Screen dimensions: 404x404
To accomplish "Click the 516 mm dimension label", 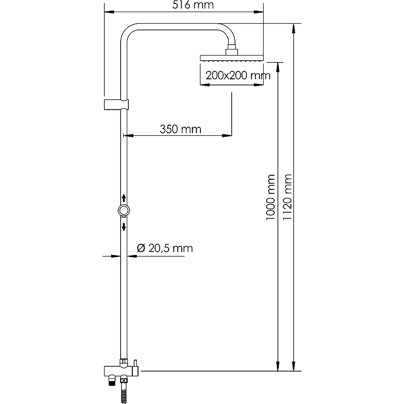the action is (193, 5).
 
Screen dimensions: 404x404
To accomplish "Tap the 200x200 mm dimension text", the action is (238, 75).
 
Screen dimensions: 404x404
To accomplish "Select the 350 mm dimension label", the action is (180, 129).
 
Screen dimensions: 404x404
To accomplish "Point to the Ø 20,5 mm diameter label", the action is (165, 248).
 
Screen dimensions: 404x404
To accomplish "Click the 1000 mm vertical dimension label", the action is (271, 197).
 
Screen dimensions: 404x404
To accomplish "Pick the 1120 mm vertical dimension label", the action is (287, 197).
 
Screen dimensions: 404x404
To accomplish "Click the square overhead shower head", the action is (232, 58).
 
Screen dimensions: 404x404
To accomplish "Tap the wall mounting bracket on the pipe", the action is (116, 105).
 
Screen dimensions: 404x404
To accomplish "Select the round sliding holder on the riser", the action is (124, 211).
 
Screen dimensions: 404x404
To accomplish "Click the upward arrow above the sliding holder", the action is (124, 198).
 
